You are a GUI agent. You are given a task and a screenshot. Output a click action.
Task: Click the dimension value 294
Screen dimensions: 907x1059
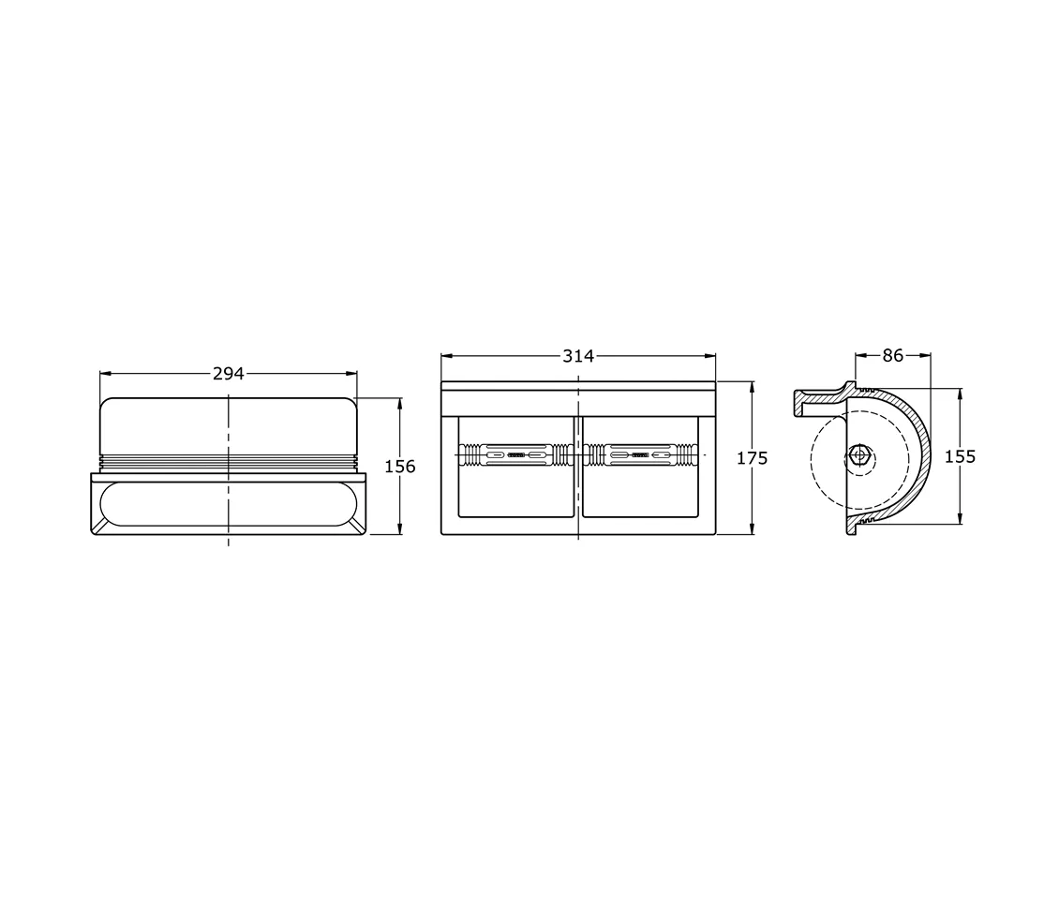pyautogui.click(x=228, y=374)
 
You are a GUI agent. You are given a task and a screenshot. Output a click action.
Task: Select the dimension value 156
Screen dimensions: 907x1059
pyautogui.click(x=400, y=467)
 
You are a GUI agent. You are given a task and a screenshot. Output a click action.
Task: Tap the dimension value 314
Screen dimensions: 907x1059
pyautogui.click(x=578, y=356)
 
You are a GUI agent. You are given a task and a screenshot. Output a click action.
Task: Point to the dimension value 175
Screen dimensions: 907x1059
pyautogui.click(x=753, y=458)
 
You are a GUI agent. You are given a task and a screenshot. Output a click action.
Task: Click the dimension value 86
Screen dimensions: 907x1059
pyautogui.click(x=893, y=356)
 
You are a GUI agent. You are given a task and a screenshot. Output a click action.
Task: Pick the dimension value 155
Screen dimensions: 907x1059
pyautogui.click(x=960, y=456)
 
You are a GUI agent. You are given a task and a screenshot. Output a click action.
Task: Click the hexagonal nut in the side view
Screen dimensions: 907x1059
pyautogui.click(x=858, y=456)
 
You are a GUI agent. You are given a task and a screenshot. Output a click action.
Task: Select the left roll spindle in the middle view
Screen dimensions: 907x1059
pyautogui.click(x=515, y=455)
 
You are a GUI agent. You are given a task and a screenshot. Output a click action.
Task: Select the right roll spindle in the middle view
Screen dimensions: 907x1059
pyautogui.click(x=640, y=455)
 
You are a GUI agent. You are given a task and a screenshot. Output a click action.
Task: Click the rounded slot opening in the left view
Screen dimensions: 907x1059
pyautogui.click(x=228, y=505)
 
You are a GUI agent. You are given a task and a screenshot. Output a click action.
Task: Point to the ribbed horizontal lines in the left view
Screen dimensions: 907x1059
pyautogui.click(x=228, y=462)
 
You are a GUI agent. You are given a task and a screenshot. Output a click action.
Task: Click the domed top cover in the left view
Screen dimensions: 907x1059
pyautogui.click(x=228, y=424)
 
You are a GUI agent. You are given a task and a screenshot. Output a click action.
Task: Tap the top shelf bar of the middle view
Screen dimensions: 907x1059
pyautogui.click(x=578, y=385)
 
